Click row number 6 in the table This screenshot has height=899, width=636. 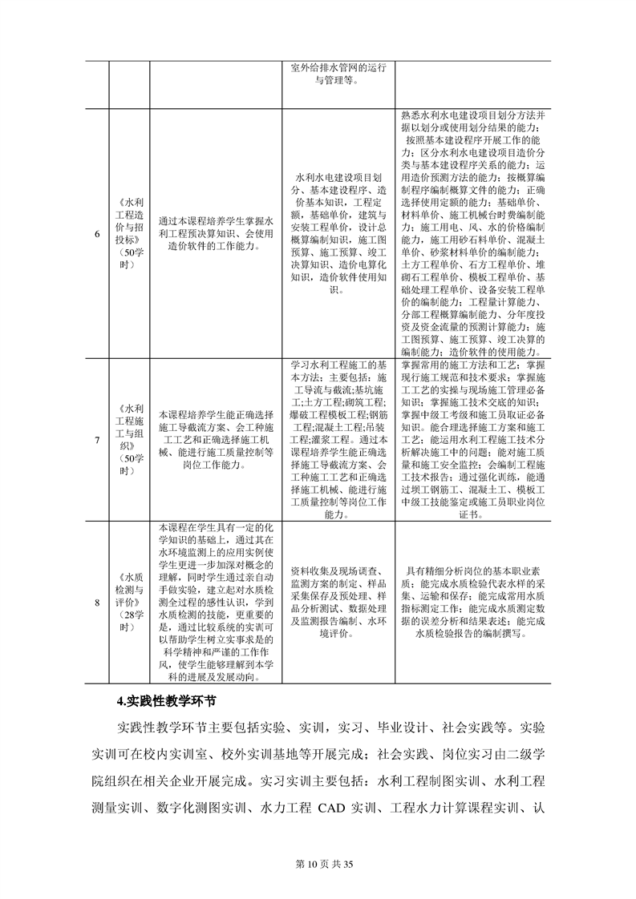pyautogui.click(x=97, y=234)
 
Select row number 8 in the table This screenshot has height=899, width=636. pyautogui.click(x=97, y=602)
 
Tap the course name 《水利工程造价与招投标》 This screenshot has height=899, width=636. pyautogui.click(x=129, y=234)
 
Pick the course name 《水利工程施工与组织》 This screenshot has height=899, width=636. pyautogui.click(x=129, y=439)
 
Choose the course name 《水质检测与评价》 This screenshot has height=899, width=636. pyautogui.click(x=129, y=602)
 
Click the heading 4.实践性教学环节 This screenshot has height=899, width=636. pyautogui.click(x=166, y=700)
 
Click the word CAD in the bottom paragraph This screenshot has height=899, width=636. pyautogui.click(x=322, y=821)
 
